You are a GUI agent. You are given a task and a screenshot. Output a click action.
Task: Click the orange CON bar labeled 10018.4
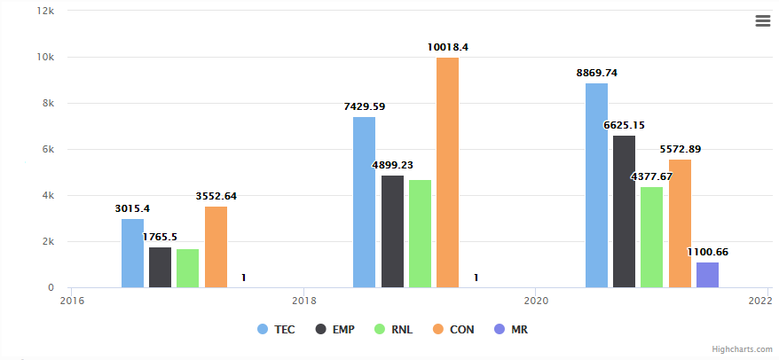coord(447,173)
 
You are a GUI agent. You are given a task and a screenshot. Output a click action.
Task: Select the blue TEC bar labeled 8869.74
coord(596,185)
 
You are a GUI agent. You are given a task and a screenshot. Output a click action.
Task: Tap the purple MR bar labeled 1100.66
coord(707,275)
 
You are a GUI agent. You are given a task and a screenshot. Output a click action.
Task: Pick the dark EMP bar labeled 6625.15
coord(624,212)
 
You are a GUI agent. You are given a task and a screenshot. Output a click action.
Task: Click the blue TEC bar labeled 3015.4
coord(132,254)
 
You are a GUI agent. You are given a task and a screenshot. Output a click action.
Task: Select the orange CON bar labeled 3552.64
coord(216,247)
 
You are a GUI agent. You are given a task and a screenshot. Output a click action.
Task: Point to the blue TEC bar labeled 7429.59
coord(364,202)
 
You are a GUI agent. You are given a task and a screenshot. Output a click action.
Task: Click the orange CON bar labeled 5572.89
coord(680,223)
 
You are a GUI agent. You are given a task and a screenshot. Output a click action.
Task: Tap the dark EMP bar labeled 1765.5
coord(160,268)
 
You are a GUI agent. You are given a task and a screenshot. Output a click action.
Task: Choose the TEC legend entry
coord(276,330)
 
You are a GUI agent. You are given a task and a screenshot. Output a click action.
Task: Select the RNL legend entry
coord(394,330)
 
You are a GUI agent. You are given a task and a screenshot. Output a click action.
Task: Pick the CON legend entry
coord(453,330)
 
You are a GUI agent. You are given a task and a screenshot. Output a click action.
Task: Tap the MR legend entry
coord(511,330)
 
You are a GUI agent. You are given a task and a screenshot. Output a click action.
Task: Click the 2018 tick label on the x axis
coord(303,301)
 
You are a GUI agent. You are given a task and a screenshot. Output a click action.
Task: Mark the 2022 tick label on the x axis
coord(760,301)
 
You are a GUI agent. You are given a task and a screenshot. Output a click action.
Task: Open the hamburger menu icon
coord(762,21)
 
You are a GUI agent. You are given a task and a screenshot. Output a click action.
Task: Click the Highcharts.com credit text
coord(742,349)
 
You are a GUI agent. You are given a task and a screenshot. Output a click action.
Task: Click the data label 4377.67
coord(651,176)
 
